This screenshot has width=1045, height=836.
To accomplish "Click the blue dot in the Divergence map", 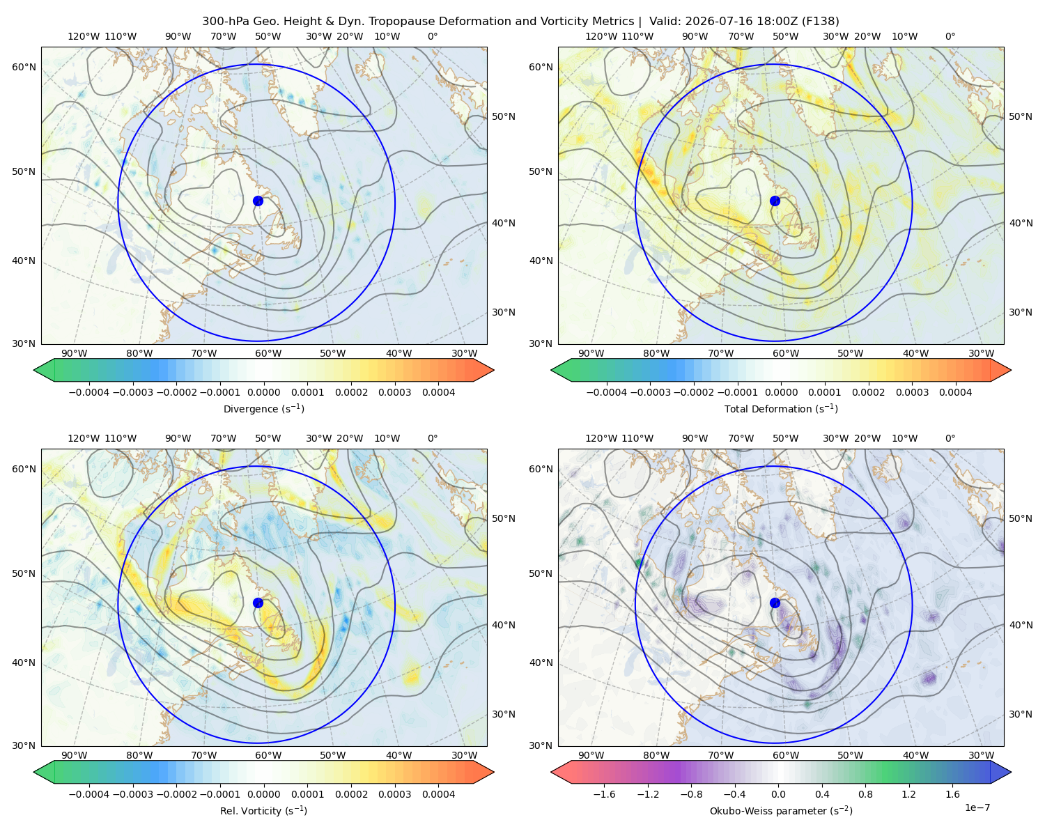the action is click(x=258, y=201).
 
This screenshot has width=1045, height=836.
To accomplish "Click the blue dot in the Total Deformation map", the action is click(x=775, y=201).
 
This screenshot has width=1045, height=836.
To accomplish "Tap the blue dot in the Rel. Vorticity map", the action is click(x=258, y=603).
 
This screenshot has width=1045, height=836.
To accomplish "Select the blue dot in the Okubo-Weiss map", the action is click(x=775, y=603).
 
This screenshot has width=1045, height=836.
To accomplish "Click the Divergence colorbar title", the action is click(x=263, y=408).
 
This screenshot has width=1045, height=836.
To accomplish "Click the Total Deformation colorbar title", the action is click(x=781, y=408).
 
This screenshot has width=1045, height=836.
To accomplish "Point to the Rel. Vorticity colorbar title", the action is click(x=263, y=810).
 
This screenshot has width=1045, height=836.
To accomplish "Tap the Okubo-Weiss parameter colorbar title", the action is click(x=781, y=810).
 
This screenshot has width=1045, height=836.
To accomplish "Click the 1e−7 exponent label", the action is click(x=977, y=807).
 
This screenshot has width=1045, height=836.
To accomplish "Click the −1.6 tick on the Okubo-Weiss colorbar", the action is click(x=604, y=794).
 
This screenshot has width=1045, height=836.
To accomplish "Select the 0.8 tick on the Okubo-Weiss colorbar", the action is click(x=865, y=794).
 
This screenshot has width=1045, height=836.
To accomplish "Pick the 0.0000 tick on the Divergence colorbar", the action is click(x=263, y=392).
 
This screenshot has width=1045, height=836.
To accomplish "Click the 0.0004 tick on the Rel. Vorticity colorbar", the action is click(x=438, y=794).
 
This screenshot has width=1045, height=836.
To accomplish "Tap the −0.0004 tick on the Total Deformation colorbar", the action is click(x=607, y=392).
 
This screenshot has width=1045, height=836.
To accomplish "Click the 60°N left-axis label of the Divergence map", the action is click(x=24, y=67).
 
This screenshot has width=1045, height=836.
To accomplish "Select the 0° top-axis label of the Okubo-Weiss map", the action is click(x=950, y=438).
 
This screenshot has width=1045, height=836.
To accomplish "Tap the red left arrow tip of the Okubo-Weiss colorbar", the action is click(x=551, y=772).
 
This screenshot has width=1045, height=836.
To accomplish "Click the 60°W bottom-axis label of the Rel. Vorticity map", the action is click(x=268, y=755).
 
